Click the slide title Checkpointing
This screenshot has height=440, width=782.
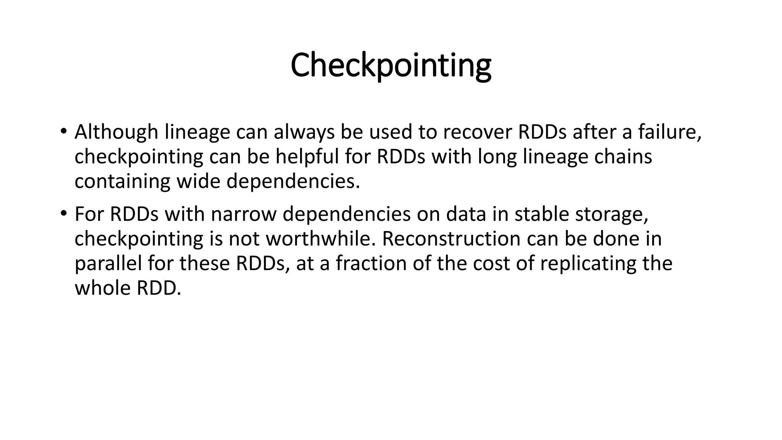point(391,66)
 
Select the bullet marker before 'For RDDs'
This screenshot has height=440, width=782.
point(63,213)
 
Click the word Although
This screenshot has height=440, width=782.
point(116,132)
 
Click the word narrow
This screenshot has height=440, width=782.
point(243,214)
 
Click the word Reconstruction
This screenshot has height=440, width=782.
point(451,239)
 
